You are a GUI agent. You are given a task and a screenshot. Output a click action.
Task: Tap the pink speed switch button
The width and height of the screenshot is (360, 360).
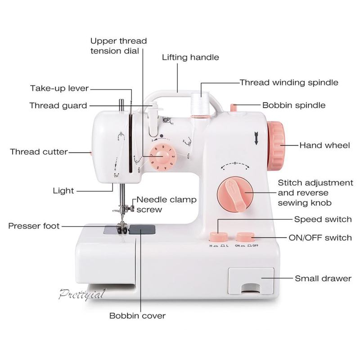218,237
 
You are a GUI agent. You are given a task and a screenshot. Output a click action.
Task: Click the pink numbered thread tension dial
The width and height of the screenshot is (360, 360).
162,157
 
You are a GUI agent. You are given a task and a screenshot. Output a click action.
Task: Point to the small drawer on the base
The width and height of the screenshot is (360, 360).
251,281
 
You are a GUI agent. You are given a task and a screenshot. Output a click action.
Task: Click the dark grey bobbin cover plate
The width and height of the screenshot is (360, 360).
142,229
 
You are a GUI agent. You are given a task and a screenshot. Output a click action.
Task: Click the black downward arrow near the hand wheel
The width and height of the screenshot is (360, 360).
256,138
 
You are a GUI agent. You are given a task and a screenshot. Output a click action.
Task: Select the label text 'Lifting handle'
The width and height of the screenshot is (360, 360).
190,58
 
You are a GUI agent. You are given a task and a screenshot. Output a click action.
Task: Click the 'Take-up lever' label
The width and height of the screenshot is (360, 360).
59,88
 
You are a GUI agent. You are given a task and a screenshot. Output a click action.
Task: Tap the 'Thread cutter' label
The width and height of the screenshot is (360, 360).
39,152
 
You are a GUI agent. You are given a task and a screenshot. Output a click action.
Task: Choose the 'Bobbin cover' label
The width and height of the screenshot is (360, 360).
137,316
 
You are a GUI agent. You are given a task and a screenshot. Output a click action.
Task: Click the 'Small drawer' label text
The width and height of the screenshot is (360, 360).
323,279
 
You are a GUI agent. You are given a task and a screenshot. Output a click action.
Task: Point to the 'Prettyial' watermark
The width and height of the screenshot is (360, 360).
82,294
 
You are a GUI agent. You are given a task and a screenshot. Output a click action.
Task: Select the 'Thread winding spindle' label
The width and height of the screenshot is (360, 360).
289,82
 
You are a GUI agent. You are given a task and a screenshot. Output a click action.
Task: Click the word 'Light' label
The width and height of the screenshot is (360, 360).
63,191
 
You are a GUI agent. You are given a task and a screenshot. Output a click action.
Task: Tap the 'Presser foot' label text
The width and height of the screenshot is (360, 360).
34,226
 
